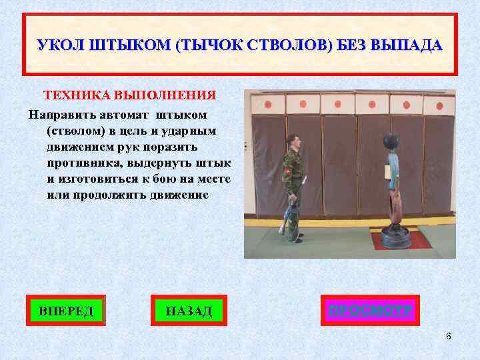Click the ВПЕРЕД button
(x=66, y=310)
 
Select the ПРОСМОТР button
(x=370, y=310)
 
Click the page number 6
(x=449, y=336)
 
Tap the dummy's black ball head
(x=389, y=143)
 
